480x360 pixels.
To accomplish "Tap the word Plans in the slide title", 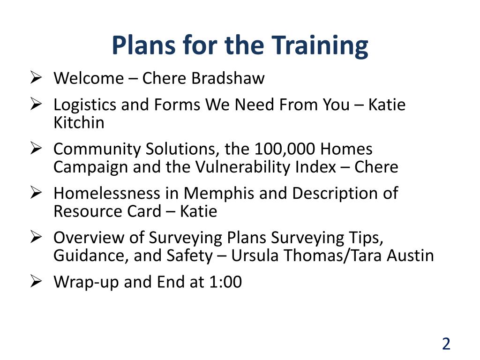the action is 144,45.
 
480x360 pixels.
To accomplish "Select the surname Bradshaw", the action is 228,78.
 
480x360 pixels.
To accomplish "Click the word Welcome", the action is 89,78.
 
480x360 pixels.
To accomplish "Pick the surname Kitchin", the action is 79,123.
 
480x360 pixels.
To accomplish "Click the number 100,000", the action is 285,150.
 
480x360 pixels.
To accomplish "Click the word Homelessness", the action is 107,194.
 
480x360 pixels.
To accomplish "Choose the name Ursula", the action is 255,255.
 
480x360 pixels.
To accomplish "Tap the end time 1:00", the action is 225,282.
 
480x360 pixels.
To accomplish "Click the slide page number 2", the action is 446,344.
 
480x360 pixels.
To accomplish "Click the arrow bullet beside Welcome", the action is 36,77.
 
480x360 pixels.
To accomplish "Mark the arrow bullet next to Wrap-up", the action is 36,281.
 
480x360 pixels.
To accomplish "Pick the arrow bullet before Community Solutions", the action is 36,149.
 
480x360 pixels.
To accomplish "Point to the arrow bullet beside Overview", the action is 36,237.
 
